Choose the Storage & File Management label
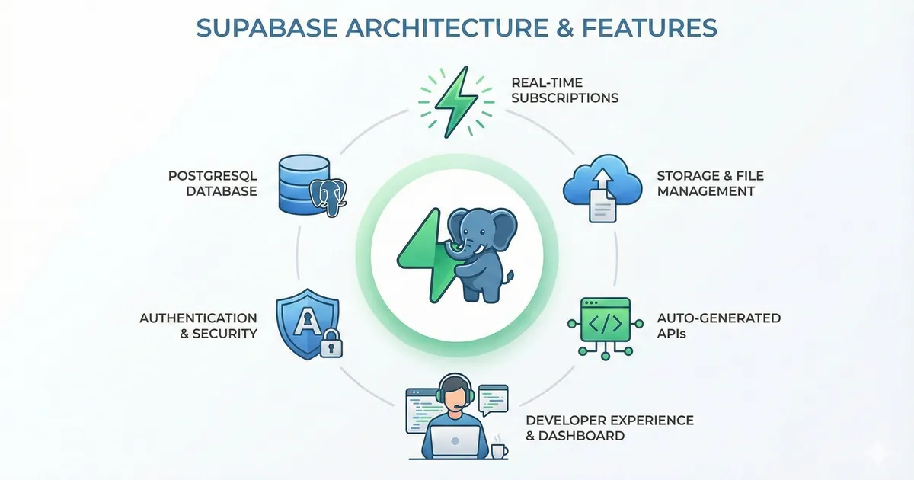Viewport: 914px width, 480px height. click(710, 184)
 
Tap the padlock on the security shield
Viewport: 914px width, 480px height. click(329, 344)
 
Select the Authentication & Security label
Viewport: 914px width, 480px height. click(198, 325)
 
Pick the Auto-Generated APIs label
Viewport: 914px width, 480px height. click(718, 325)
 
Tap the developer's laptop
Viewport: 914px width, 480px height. click(455, 442)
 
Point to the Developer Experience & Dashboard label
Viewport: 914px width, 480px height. click(609, 428)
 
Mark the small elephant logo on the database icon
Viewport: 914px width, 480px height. click(329, 196)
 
